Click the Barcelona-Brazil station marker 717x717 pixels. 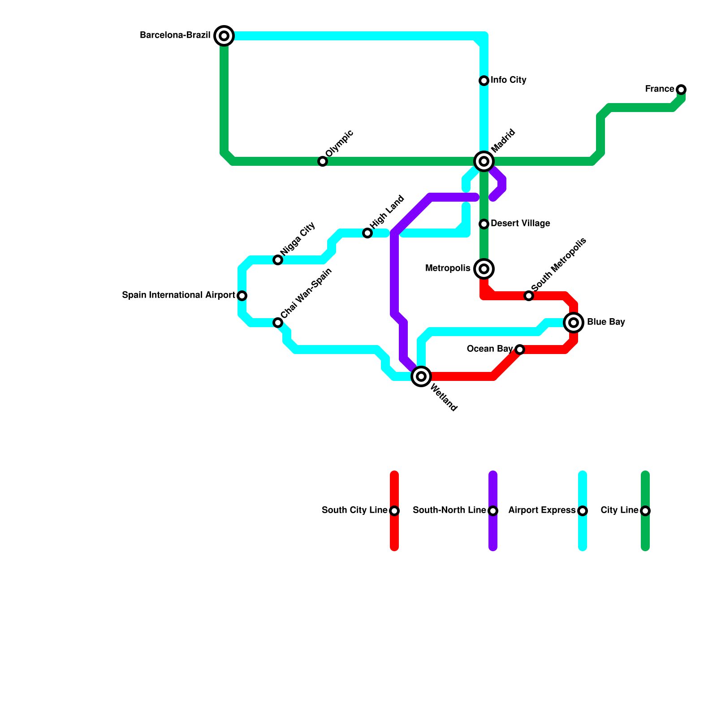click(x=224, y=35)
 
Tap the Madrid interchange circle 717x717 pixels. click(x=484, y=161)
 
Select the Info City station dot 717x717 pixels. click(x=484, y=81)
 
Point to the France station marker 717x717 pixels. click(x=681, y=90)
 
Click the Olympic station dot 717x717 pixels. click(x=323, y=161)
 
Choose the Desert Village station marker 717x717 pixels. click(x=484, y=224)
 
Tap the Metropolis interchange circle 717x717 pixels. click(x=484, y=268)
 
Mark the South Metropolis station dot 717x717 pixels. click(x=529, y=296)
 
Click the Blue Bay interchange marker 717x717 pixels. click(x=574, y=322)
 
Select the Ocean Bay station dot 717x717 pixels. click(x=519, y=350)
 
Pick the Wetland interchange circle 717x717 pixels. click(x=421, y=376)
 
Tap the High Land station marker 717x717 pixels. click(x=367, y=233)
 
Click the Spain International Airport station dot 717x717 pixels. click(x=242, y=296)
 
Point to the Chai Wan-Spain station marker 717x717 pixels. click(x=278, y=323)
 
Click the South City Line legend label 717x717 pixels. click(x=354, y=510)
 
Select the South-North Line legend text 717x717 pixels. click(x=449, y=510)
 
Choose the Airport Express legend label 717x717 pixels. click(x=542, y=510)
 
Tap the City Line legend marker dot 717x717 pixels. click(x=645, y=511)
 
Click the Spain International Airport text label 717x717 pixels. click(x=178, y=295)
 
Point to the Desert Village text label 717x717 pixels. click(x=520, y=223)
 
